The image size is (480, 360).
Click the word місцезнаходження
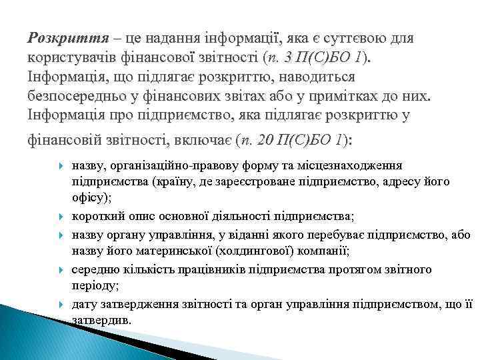pos(358,165)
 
